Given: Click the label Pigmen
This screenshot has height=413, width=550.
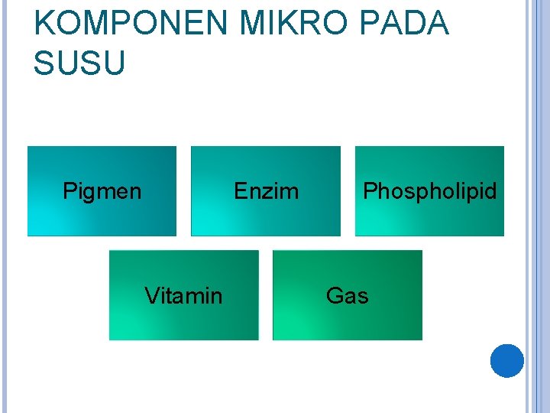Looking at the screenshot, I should tap(102, 190).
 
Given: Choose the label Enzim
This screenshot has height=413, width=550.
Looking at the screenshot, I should tap(266, 190).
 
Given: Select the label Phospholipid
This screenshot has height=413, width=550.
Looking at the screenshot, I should tap(429, 190).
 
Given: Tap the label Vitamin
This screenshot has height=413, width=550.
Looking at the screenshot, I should tap(183, 295).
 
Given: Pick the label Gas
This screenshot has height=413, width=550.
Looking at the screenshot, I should tap(347, 295).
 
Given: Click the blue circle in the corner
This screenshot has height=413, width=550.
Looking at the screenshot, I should tap(507, 361).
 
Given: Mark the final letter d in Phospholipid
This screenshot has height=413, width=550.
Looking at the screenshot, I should tap(490, 190).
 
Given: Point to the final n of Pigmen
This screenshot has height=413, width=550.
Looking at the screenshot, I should tap(135, 192).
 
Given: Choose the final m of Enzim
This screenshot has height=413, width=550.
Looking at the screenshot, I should tap(291, 192).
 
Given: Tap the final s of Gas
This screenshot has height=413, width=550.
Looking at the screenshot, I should tap(363, 297).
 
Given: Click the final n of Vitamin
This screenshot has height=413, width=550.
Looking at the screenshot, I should tap(217, 297).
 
